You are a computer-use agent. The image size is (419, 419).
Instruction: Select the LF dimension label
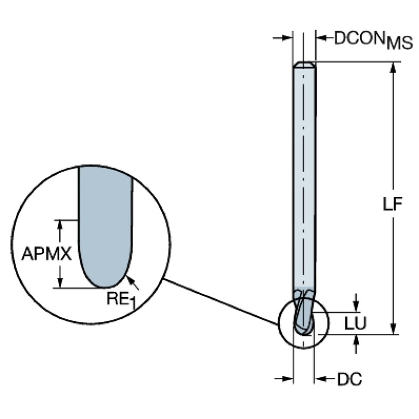(392, 204)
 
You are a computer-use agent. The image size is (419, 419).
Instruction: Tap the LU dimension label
(356, 323)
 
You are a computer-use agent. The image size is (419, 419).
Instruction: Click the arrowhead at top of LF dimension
(392, 67)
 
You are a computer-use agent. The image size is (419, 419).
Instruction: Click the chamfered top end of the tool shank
(304, 65)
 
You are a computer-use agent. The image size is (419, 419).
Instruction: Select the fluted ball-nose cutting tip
(303, 314)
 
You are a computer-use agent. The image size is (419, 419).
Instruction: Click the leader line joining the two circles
(221, 303)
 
